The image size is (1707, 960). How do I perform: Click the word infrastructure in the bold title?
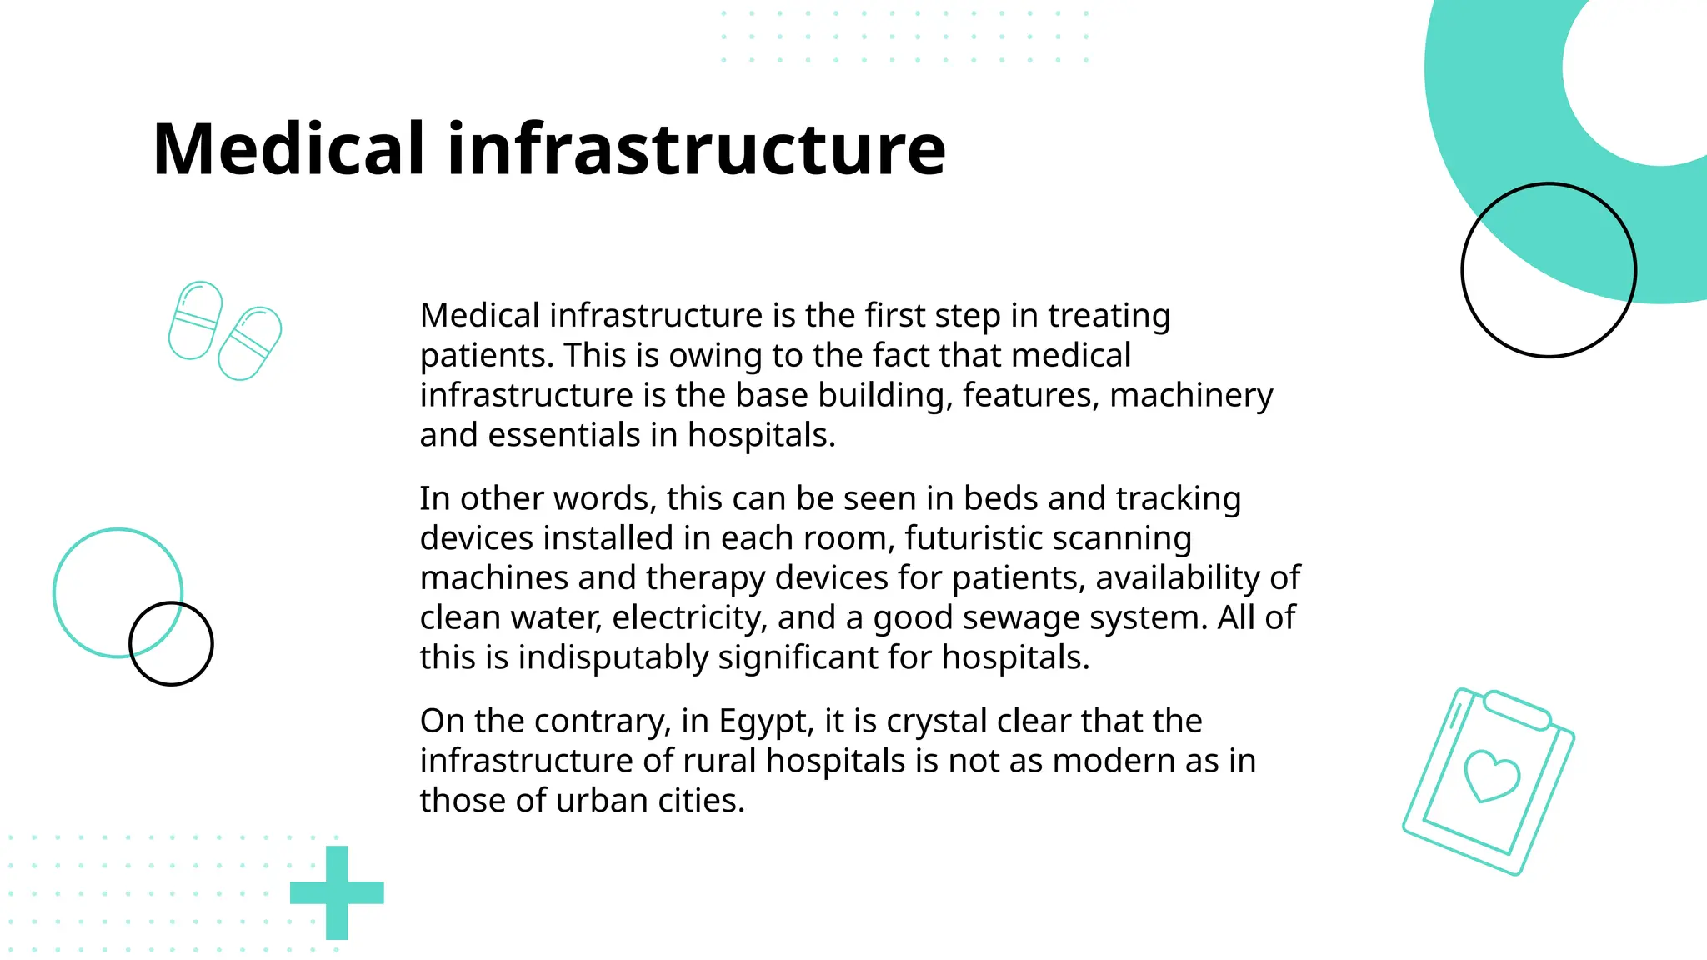[697, 150]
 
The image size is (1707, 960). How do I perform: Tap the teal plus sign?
[337, 892]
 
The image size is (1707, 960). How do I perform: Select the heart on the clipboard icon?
[1492, 776]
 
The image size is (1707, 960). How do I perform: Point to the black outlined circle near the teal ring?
[1549, 270]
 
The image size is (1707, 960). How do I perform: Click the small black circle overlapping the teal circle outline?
[171, 643]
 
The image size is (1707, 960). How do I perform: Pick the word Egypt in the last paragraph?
[765, 722]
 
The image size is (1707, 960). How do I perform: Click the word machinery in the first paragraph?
[1191, 395]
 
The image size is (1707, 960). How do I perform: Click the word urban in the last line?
[601, 801]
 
